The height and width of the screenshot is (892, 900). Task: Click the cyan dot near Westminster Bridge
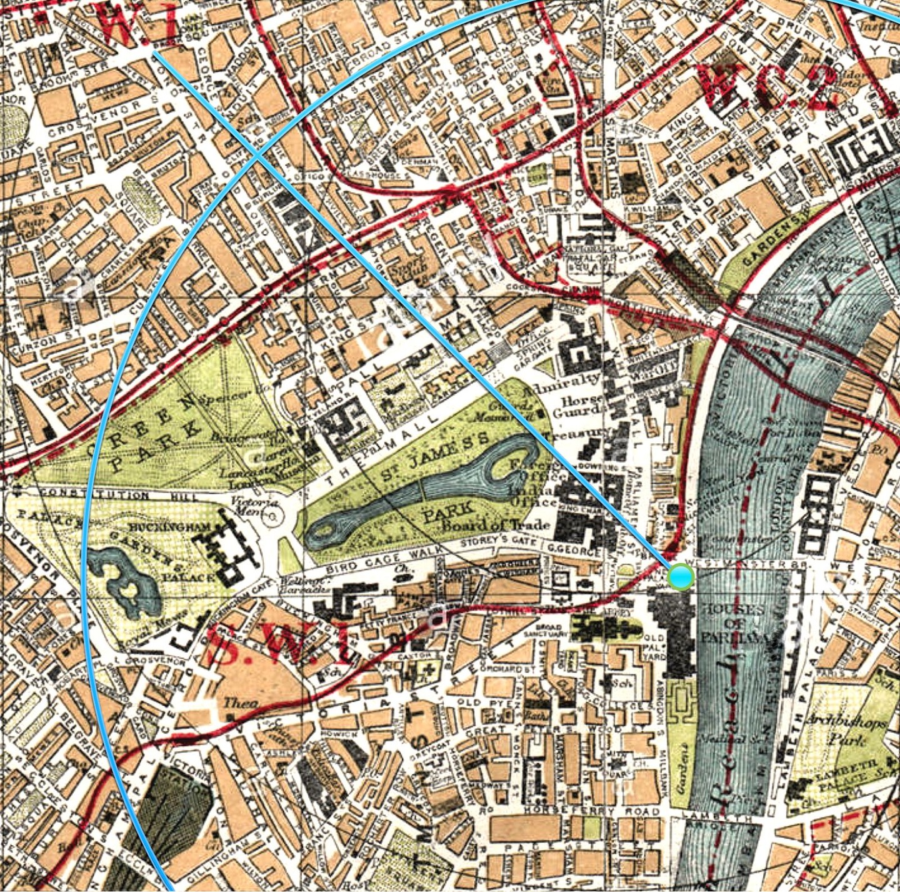(x=680, y=576)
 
